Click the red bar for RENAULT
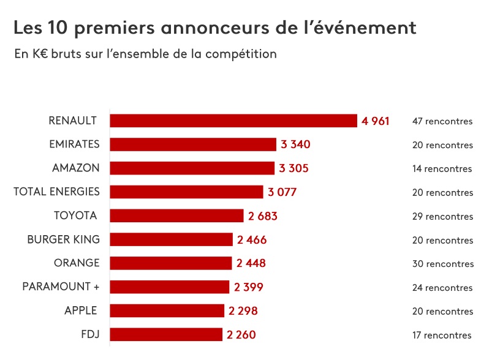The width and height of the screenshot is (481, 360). pyautogui.click(x=233, y=121)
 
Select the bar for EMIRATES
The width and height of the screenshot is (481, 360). pyautogui.click(x=193, y=144)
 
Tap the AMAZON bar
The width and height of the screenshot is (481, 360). pyautogui.click(x=192, y=168)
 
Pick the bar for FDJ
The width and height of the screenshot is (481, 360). pyautogui.click(x=165, y=334)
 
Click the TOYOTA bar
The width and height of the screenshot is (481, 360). pyautogui.click(x=176, y=216)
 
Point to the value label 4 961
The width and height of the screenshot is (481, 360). pyautogui.click(x=376, y=121)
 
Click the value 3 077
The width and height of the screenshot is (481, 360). pyautogui.click(x=282, y=192)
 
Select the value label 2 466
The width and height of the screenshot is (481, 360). pyautogui.click(x=252, y=239)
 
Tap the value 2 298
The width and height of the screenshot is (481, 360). pyautogui.click(x=243, y=311)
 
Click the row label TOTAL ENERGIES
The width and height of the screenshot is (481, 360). pyautogui.click(x=56, y=192)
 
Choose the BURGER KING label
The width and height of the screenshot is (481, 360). pyautogui.click(x=63, y=239)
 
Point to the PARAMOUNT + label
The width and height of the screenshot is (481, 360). pyautogui.click(x=61, y=287)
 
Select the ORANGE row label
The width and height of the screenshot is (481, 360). pyautogui.click(x=77, y=263)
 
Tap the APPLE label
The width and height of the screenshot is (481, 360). pyautogui.click(x=81, y=310)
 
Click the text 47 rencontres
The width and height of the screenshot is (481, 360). pyautogui.click(x=442, y=121)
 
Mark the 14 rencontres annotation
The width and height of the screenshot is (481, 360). pyautogui.click(x=442, y=169)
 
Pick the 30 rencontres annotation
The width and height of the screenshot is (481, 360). pyautogui.click(x=442, y=264)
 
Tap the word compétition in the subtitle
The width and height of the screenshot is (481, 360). pyautogui.click(x=242, y=54)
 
